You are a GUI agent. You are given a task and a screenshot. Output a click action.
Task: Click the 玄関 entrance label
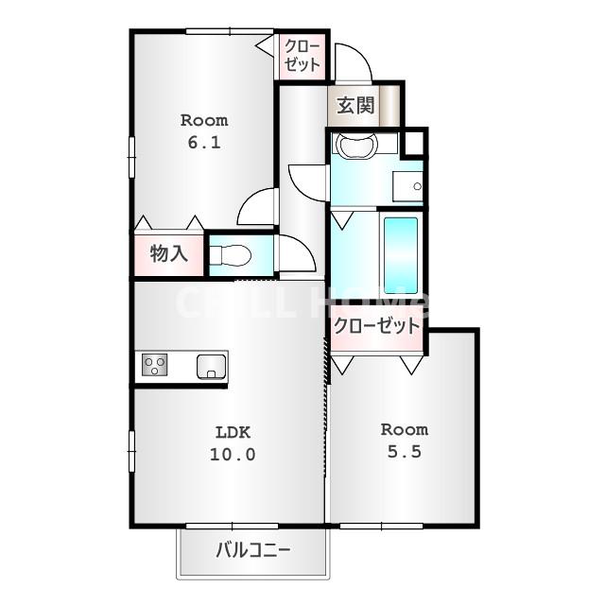point(354,105)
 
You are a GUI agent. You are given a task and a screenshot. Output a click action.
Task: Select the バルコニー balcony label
point(252,550)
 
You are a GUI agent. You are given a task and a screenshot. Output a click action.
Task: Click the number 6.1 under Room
point(204,143)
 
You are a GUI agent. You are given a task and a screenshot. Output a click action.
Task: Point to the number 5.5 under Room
point(404,452)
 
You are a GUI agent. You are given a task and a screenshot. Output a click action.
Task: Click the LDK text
point(232,432)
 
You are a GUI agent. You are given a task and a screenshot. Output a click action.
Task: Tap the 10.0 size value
point(232,454)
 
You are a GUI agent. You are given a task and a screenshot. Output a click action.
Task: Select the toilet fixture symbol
point(230,255)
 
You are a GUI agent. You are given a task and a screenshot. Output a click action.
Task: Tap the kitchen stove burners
point(154,364)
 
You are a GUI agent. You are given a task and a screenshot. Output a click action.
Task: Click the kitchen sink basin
point(211,364)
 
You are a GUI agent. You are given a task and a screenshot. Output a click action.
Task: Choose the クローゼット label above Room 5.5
point(375,326)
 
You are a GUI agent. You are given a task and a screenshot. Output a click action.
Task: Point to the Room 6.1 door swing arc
point(256,208)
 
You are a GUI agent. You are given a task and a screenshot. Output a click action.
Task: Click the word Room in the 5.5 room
point(404,429)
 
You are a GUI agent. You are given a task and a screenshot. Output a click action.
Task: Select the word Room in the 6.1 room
point(204,120)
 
